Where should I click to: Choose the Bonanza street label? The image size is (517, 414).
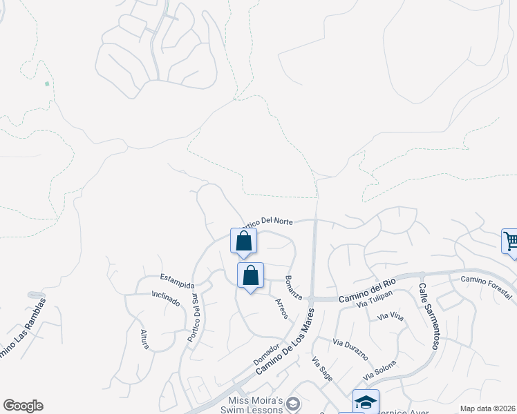click(x=294, y=288)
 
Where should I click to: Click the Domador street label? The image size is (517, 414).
click(x=266, y=355)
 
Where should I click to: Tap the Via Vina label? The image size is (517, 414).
click(x=391, y=317)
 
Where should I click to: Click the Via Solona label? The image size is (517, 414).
click(x=380, y=370)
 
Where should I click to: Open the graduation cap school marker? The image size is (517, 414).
click(x=366, y=402)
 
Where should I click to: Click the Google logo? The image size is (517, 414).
click(x=23, y=406)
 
